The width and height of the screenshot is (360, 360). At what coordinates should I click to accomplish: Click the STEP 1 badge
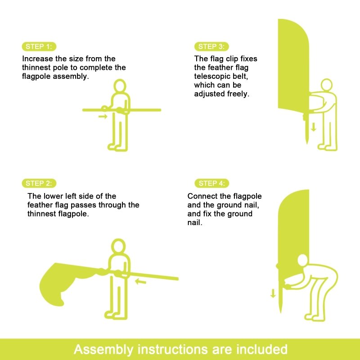[39, 47]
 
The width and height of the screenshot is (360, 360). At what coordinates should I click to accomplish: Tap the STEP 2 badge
[39, 183]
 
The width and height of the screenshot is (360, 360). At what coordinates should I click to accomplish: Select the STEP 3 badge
[211, 47]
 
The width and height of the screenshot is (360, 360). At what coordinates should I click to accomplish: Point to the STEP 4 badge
[211, 183]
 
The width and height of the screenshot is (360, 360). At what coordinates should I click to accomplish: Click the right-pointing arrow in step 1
[103, 117]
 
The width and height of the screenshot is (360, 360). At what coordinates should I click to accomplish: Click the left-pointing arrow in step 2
[140, 281]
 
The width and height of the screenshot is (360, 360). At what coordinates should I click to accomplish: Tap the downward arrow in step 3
[313, 127]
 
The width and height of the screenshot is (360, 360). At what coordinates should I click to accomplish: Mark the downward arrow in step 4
[273, 293]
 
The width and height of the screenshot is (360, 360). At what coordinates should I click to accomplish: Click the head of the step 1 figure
[120, 86]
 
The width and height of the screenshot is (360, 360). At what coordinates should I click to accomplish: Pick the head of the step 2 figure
[118, 246]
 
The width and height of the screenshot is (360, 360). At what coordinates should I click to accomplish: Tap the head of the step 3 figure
[327, 85]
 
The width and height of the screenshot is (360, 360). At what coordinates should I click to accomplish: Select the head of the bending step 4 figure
[303, 261]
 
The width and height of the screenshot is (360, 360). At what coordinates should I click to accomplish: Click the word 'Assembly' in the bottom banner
[103, 350]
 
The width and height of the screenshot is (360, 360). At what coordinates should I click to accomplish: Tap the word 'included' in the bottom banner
[262, 349]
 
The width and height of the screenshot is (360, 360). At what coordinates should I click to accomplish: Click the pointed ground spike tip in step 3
[307, 144]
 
